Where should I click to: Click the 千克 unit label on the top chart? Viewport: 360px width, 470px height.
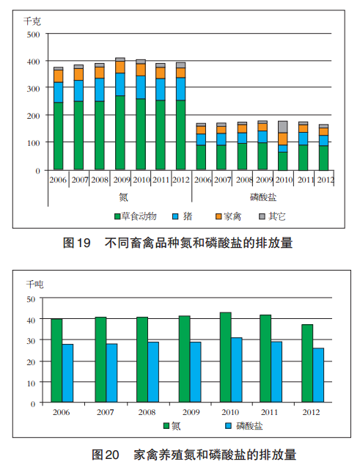pyautogui.click(x=32, y=21)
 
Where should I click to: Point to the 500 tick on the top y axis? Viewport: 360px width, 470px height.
pyautogui.click(x=33, y=34)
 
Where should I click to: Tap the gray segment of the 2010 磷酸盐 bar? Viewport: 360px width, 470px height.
pyautogui.click(x=283, y=127)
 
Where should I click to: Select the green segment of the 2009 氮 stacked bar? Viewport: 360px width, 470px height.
pyautogui.click(x=120, y=133)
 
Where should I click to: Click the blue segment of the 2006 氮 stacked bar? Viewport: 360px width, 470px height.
pyautogui.click(x=58, y=92)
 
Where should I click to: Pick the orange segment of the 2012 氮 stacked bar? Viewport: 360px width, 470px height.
pyautogui.click(x=181, y=73)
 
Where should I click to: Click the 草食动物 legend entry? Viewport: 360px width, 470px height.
pyautogui.click(x=136, y=216)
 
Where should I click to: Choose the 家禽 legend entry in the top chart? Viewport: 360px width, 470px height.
pyautogui.click(x=229, y=216)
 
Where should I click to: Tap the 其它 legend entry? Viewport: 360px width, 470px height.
pyautogui.click(x=272, y=216)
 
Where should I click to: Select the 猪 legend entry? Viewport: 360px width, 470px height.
pyautogui.click(x=183, y=216)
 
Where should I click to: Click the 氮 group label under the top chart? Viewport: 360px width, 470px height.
pyautogui.click(x=123, y=197)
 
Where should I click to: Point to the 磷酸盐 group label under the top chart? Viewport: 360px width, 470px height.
pyautogui.click(x=263, y=197)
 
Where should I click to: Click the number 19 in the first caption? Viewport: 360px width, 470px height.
pyautogui.click(x=84, y=243)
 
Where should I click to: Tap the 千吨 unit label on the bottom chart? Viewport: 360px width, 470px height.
pyautogui.click(x=34, y=284)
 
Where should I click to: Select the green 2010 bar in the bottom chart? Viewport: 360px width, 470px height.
pyautogui.click(x=225, y=357)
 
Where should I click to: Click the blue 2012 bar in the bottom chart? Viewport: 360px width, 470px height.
pyautogui.click(x=318, y=375)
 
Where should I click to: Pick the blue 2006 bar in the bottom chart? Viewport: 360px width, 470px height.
pyautogui.click(x=67, y=373)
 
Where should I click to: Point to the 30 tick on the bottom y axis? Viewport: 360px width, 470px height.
pyautogui.click(x=32, y=341)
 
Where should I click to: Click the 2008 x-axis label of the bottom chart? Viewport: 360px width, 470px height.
pyautogui.click(x=147, y=412)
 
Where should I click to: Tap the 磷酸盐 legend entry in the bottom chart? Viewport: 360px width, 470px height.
pyautogui.click(x=244, y=425)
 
